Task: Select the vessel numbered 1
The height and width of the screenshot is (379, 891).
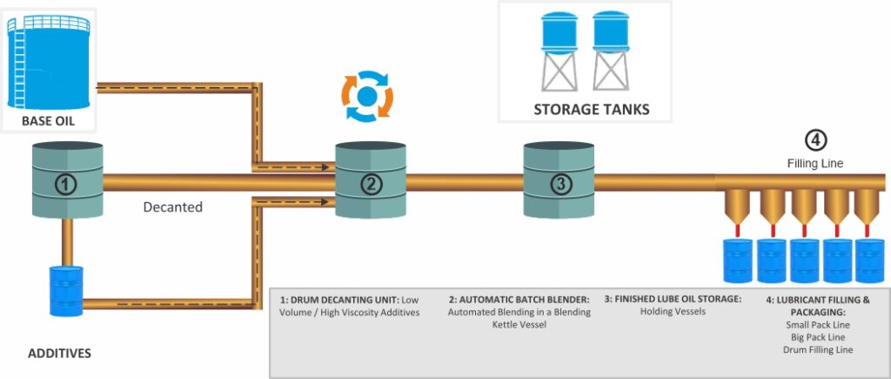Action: pos(67,182)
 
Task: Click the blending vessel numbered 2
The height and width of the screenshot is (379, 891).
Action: pos(371,182)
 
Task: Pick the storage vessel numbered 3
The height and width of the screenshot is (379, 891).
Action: pos(559,182)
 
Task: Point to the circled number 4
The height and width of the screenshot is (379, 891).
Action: pos(814,140)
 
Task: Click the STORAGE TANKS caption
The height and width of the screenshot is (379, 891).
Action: pos(591,111)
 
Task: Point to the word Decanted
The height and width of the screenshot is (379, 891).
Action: pos(172,207)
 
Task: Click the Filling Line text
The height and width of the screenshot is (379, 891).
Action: pos(814,163)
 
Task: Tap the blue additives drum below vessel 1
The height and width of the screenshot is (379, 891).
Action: pos(66,291)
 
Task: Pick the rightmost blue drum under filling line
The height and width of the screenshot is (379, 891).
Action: pos(869,261)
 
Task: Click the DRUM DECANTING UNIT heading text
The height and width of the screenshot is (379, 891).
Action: pos(339,299)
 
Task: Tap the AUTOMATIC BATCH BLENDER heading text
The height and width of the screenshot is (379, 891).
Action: pos(519,299)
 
